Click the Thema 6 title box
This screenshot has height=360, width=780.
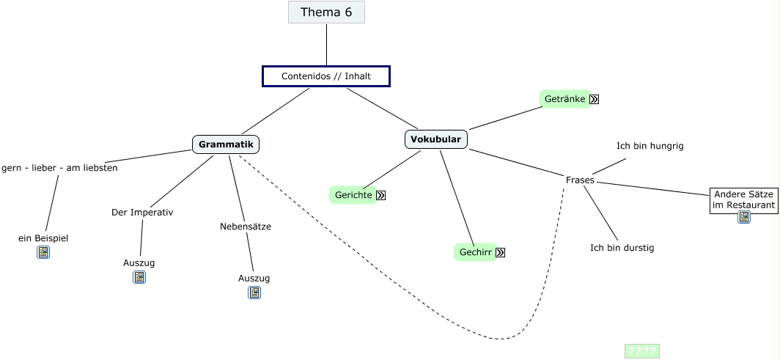[326, 12]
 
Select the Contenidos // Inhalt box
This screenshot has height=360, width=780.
[326, 76]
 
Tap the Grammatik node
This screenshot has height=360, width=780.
[226, 144]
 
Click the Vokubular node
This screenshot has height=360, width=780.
[435, 139]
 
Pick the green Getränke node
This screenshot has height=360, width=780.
[564, 99]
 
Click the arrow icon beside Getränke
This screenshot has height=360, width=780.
[595, 100]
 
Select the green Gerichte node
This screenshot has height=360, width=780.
[353, 195]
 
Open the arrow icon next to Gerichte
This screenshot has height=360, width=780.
[380, 196]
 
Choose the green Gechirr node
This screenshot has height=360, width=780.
[475, 252]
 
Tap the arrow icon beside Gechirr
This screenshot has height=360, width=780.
[501, 253]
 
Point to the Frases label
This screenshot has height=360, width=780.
[580, 180]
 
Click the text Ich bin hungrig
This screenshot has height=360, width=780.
[650, 146]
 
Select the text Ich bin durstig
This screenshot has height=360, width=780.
[622, 248]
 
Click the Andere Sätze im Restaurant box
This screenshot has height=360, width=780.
[744, 199]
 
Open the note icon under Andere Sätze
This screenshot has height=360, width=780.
[744, 217]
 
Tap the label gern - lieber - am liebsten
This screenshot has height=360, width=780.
[59, 168]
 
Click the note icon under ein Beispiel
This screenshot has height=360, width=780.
[43, 252]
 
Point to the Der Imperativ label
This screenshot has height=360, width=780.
[142, 213]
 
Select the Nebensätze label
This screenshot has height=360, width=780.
[246, 227]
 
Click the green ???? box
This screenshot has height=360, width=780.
[641, 351]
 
